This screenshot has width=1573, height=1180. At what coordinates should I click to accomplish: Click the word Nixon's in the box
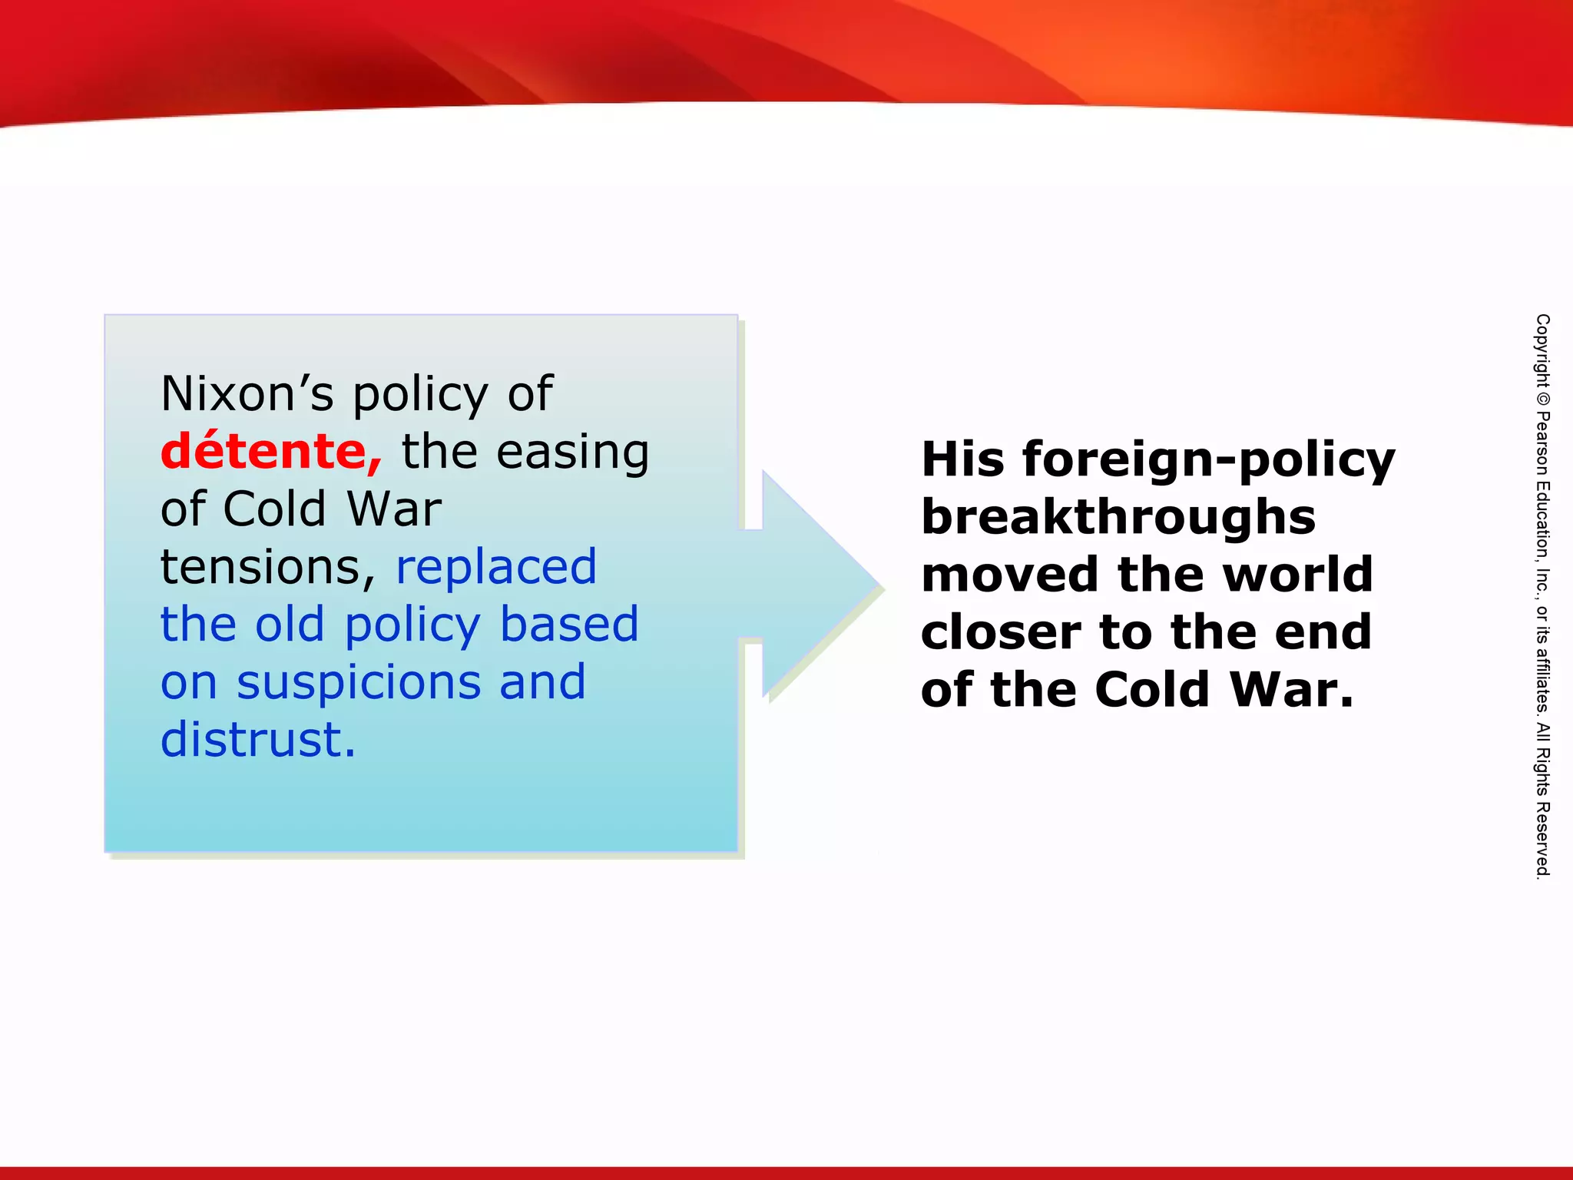(247, 393)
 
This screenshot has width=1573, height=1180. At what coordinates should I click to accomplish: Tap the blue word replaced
(495, 566)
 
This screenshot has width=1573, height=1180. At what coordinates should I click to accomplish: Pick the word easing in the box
(572, 452)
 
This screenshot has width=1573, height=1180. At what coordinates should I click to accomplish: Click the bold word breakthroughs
(1118, 516)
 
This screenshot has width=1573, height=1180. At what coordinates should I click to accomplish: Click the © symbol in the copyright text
(1542, 399)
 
